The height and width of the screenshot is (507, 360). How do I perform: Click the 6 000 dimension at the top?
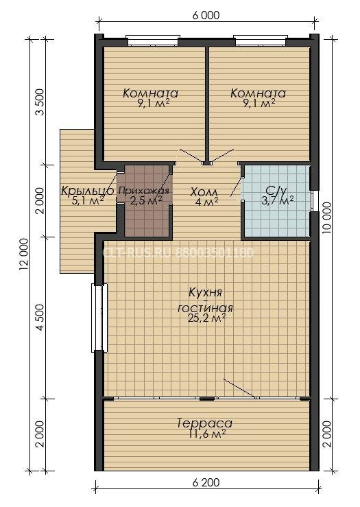[206, 15]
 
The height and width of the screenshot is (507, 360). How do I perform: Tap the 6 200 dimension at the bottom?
[206, 483]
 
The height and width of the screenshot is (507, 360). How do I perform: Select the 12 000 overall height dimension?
[25, 254]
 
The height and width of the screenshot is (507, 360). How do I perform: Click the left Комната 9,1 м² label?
[151, 97]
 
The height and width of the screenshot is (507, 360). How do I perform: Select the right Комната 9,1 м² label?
[258, 97]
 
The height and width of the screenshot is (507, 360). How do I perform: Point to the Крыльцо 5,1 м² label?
[87, 196]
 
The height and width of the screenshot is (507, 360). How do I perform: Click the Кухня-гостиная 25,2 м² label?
[206, 305]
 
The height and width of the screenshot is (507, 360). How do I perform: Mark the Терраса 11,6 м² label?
[205, 428]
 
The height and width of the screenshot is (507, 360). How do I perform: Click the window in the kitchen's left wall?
[99, 318]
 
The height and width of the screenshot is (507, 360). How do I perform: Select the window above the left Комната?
[152, 39]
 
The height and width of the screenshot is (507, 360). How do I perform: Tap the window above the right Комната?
[260, 39]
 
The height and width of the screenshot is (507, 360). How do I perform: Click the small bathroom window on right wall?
[312, 201]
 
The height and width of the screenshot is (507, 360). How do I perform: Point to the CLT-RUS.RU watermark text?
[178, 252]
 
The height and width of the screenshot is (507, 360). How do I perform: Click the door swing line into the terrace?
[239, 388]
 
